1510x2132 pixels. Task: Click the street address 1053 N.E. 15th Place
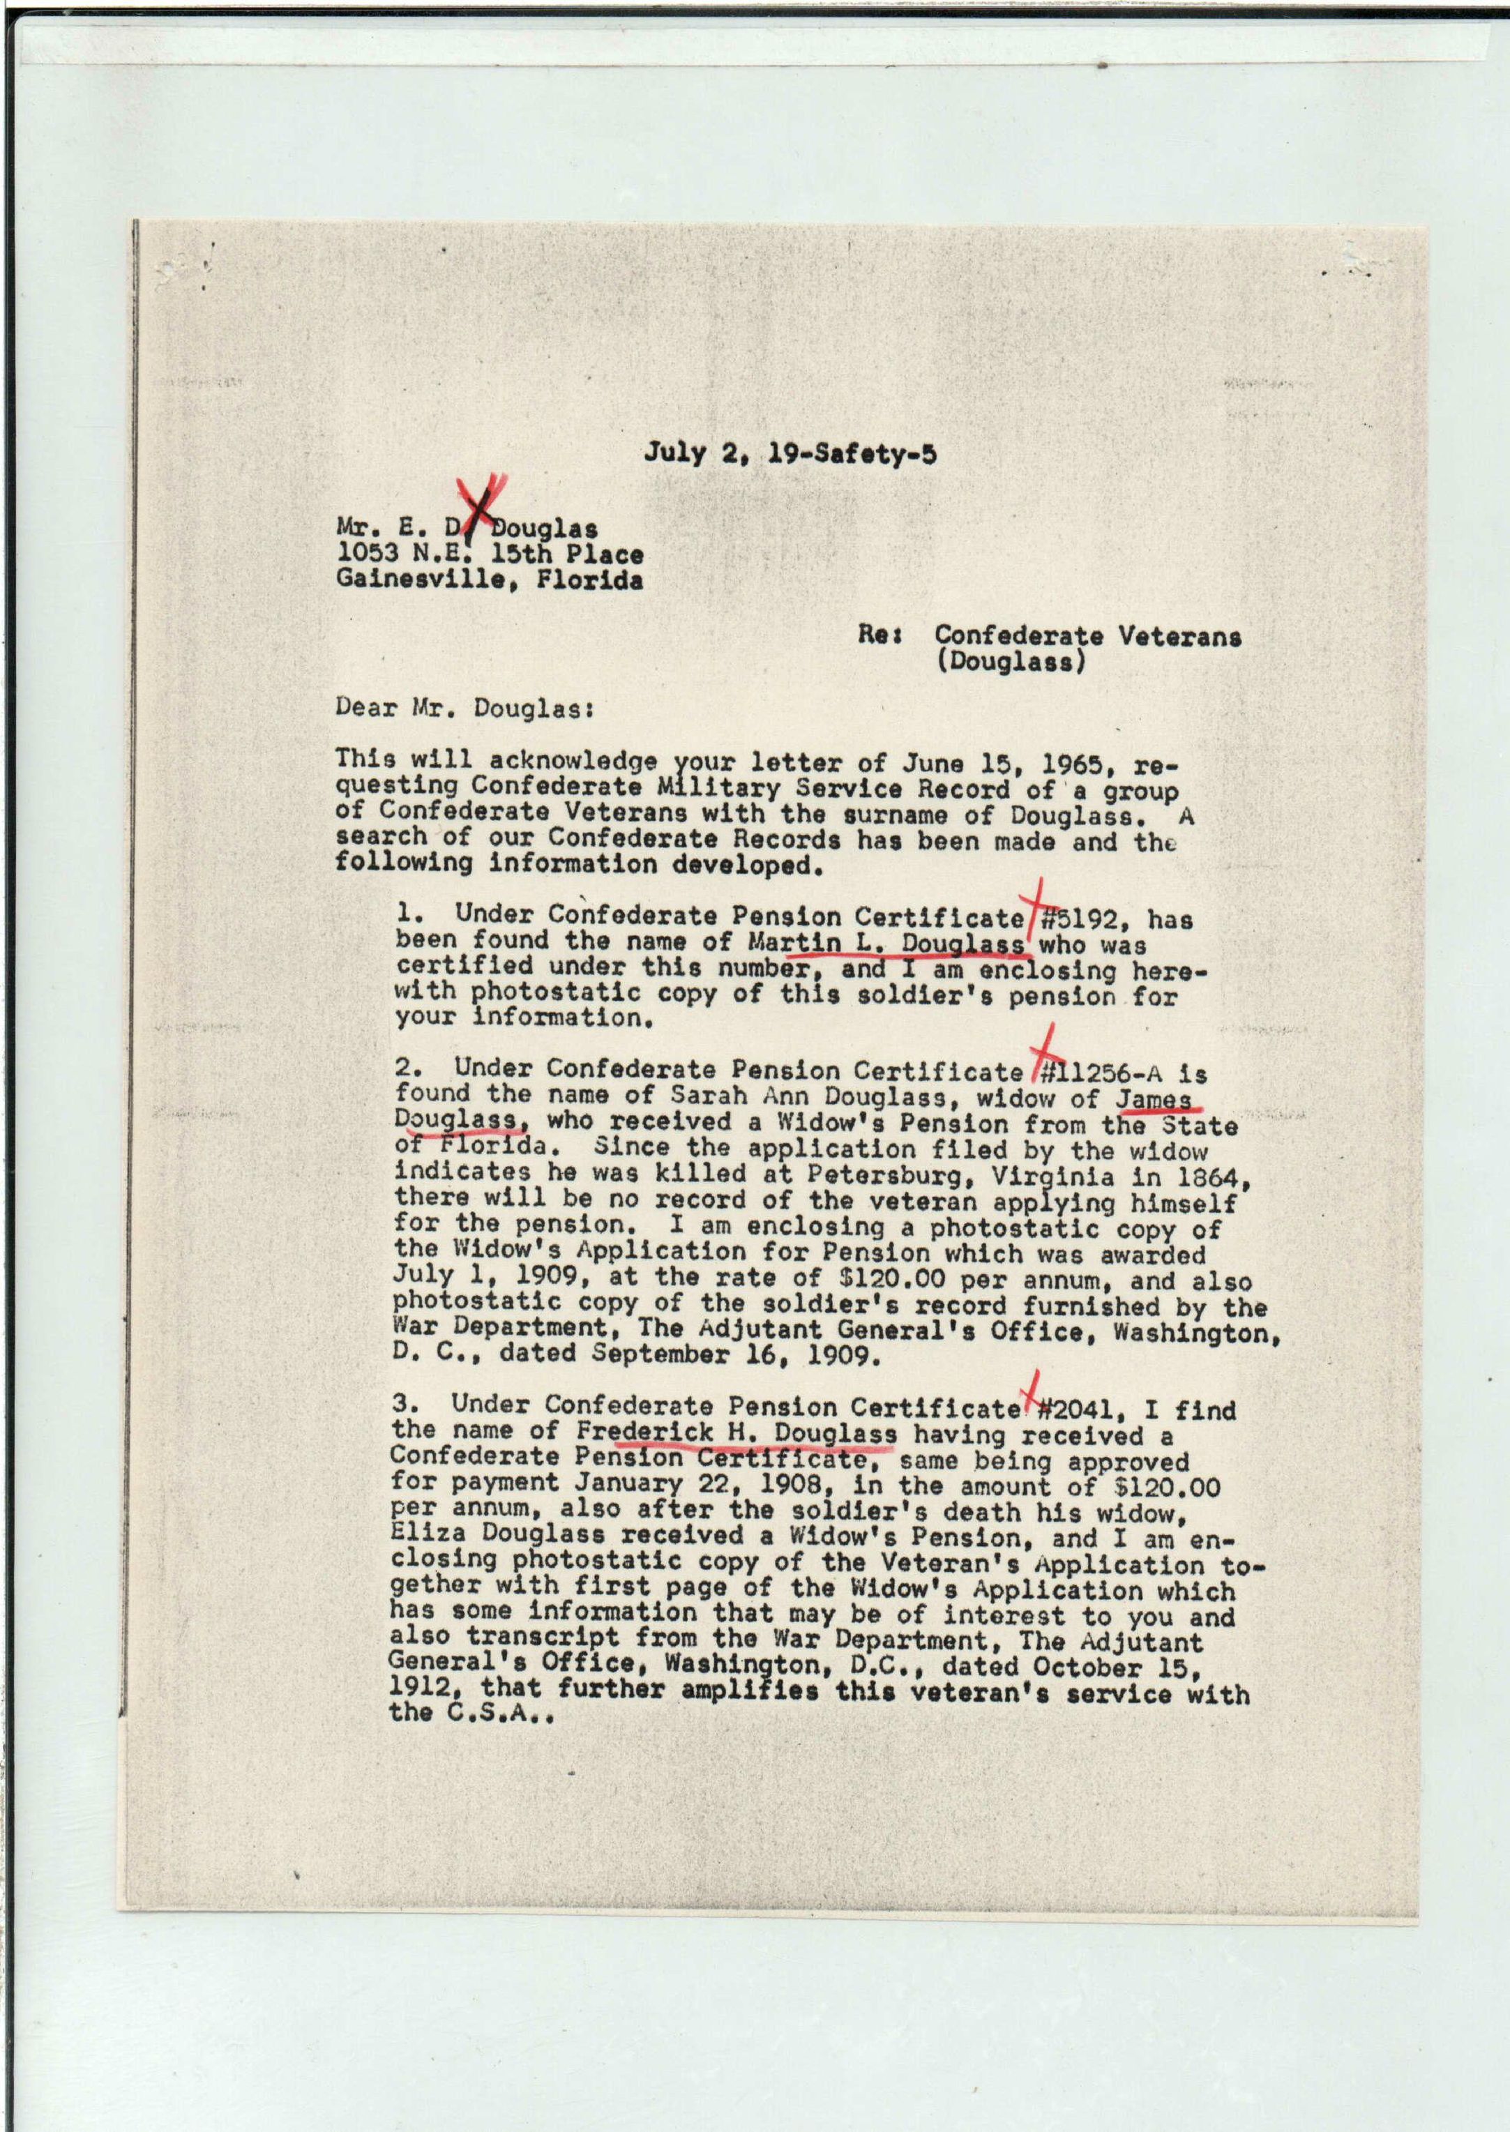490,554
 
